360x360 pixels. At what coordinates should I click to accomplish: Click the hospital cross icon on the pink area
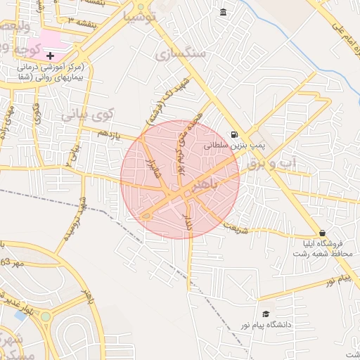tap(50, 55)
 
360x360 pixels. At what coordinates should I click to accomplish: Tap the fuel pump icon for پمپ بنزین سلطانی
tap(234, 135)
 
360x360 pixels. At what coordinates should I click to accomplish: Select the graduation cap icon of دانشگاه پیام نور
tap(266, 314)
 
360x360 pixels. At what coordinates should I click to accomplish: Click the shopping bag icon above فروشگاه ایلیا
tap(322, 233)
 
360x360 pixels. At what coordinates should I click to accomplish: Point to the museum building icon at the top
tap(224, 12)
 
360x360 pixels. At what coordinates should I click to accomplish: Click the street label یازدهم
tap(109, 134)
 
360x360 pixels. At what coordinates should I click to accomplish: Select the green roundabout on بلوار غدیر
tap(46, 316)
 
